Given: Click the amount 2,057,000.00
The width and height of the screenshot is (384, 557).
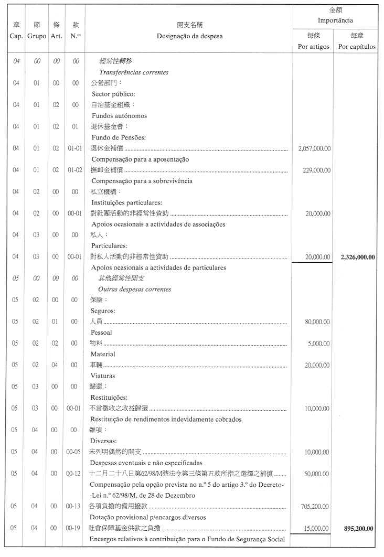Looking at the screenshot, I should pyautogui.click(x=314, y=148).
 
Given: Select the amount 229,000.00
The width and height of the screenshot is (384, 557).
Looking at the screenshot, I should pyautogui.click(x=316, y=170).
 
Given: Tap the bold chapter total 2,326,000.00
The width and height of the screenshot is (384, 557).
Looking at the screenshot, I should pyautogui.click(x=358, y=257).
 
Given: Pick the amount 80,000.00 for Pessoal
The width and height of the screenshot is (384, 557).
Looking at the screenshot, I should pyautogui.click(x=317, y=322).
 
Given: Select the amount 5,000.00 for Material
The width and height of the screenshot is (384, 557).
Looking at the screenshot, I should pyautogui.click(x=319, y=344).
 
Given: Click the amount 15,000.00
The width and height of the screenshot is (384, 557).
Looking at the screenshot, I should pyautogui.click(x=317, y=528).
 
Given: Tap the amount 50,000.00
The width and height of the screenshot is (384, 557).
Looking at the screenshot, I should pyautogui.click(x=317, y=474).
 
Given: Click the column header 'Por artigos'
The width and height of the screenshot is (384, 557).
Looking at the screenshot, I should pyautogui.click(x=313, y=47).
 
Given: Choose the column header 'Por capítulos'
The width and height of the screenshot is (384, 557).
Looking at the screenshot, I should pyautogui.click(x=357, y=47).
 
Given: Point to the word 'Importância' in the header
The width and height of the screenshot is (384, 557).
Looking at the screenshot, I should pyautogui.click(x=335, y=20).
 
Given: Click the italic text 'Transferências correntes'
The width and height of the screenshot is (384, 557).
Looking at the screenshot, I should pyautogui.click(x=133, y=72).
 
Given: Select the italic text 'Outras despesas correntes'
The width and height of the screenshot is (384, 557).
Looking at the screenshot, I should pyautogui.click(x=134, y=290).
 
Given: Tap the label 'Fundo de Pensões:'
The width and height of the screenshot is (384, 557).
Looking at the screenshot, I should pyautogui.click(x=119, y=137).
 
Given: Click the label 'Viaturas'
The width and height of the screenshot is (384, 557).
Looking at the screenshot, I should pyautogui.click(x=103, y=376).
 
